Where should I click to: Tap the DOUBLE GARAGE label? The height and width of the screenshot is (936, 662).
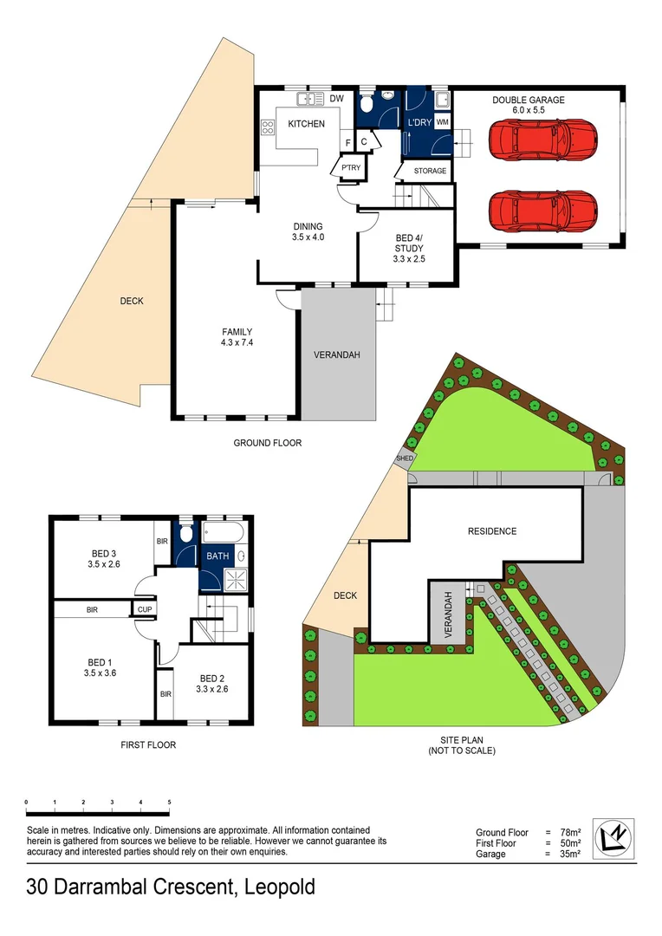529,101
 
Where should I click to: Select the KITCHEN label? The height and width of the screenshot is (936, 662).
306,124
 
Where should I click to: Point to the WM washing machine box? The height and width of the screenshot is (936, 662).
442,122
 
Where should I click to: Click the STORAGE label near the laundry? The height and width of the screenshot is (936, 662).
430,171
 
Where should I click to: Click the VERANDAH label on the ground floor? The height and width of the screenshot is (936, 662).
336,355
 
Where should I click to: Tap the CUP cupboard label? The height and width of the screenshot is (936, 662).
143,610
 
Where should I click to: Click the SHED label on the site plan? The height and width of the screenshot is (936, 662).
405,458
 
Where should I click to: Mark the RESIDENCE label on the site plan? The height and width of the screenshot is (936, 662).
491,531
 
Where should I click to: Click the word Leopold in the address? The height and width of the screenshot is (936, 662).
279,887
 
